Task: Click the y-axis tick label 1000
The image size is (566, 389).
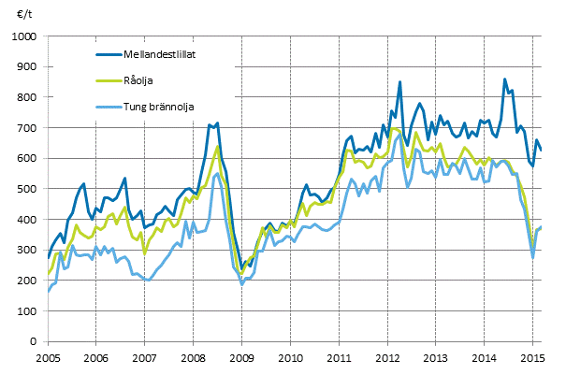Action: pos(23,36)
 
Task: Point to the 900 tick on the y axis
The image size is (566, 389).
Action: pos(26,66)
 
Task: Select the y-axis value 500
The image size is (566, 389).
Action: pos(26,189)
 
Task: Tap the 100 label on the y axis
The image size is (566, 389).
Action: pos(26,311)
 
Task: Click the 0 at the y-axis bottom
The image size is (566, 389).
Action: pos(32,342)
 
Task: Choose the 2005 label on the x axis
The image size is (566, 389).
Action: pos(48,359)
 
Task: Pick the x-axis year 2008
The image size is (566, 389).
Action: pos(193,359)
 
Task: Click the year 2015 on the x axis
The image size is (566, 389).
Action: pos(531,359)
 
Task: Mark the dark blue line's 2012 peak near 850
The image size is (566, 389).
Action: pos(399,82)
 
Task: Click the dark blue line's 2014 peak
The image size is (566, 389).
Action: pos(504,79)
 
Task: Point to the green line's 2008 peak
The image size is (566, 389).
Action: pos(218,147)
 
